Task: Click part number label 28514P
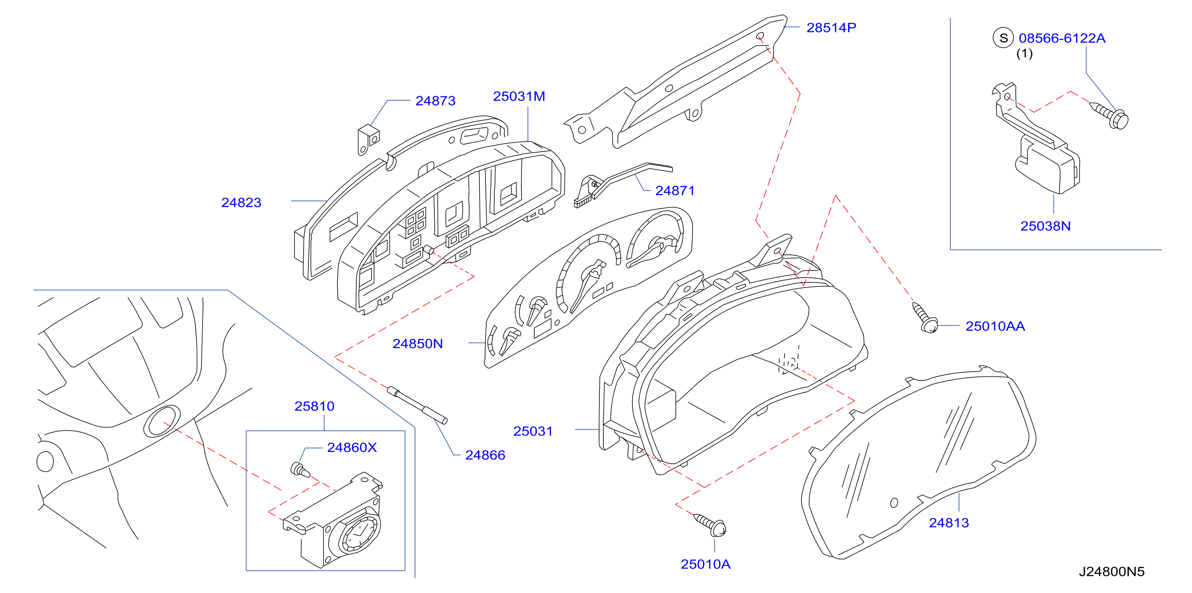click(831, 28)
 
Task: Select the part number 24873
click(436, 101)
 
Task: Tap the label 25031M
click(519, 96)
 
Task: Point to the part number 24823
click(241, 203)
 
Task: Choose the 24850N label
click(418, 344)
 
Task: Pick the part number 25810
click(314, 406)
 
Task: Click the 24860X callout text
click(352, 447)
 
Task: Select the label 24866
click(485, 455)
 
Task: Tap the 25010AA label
click(995, 326)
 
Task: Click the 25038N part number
click(1045, 226)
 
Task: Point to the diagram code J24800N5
click(1112, 572)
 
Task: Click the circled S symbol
click(1003, 38)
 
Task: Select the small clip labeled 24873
click(369, 139)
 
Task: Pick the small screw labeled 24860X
click(300, 470)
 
